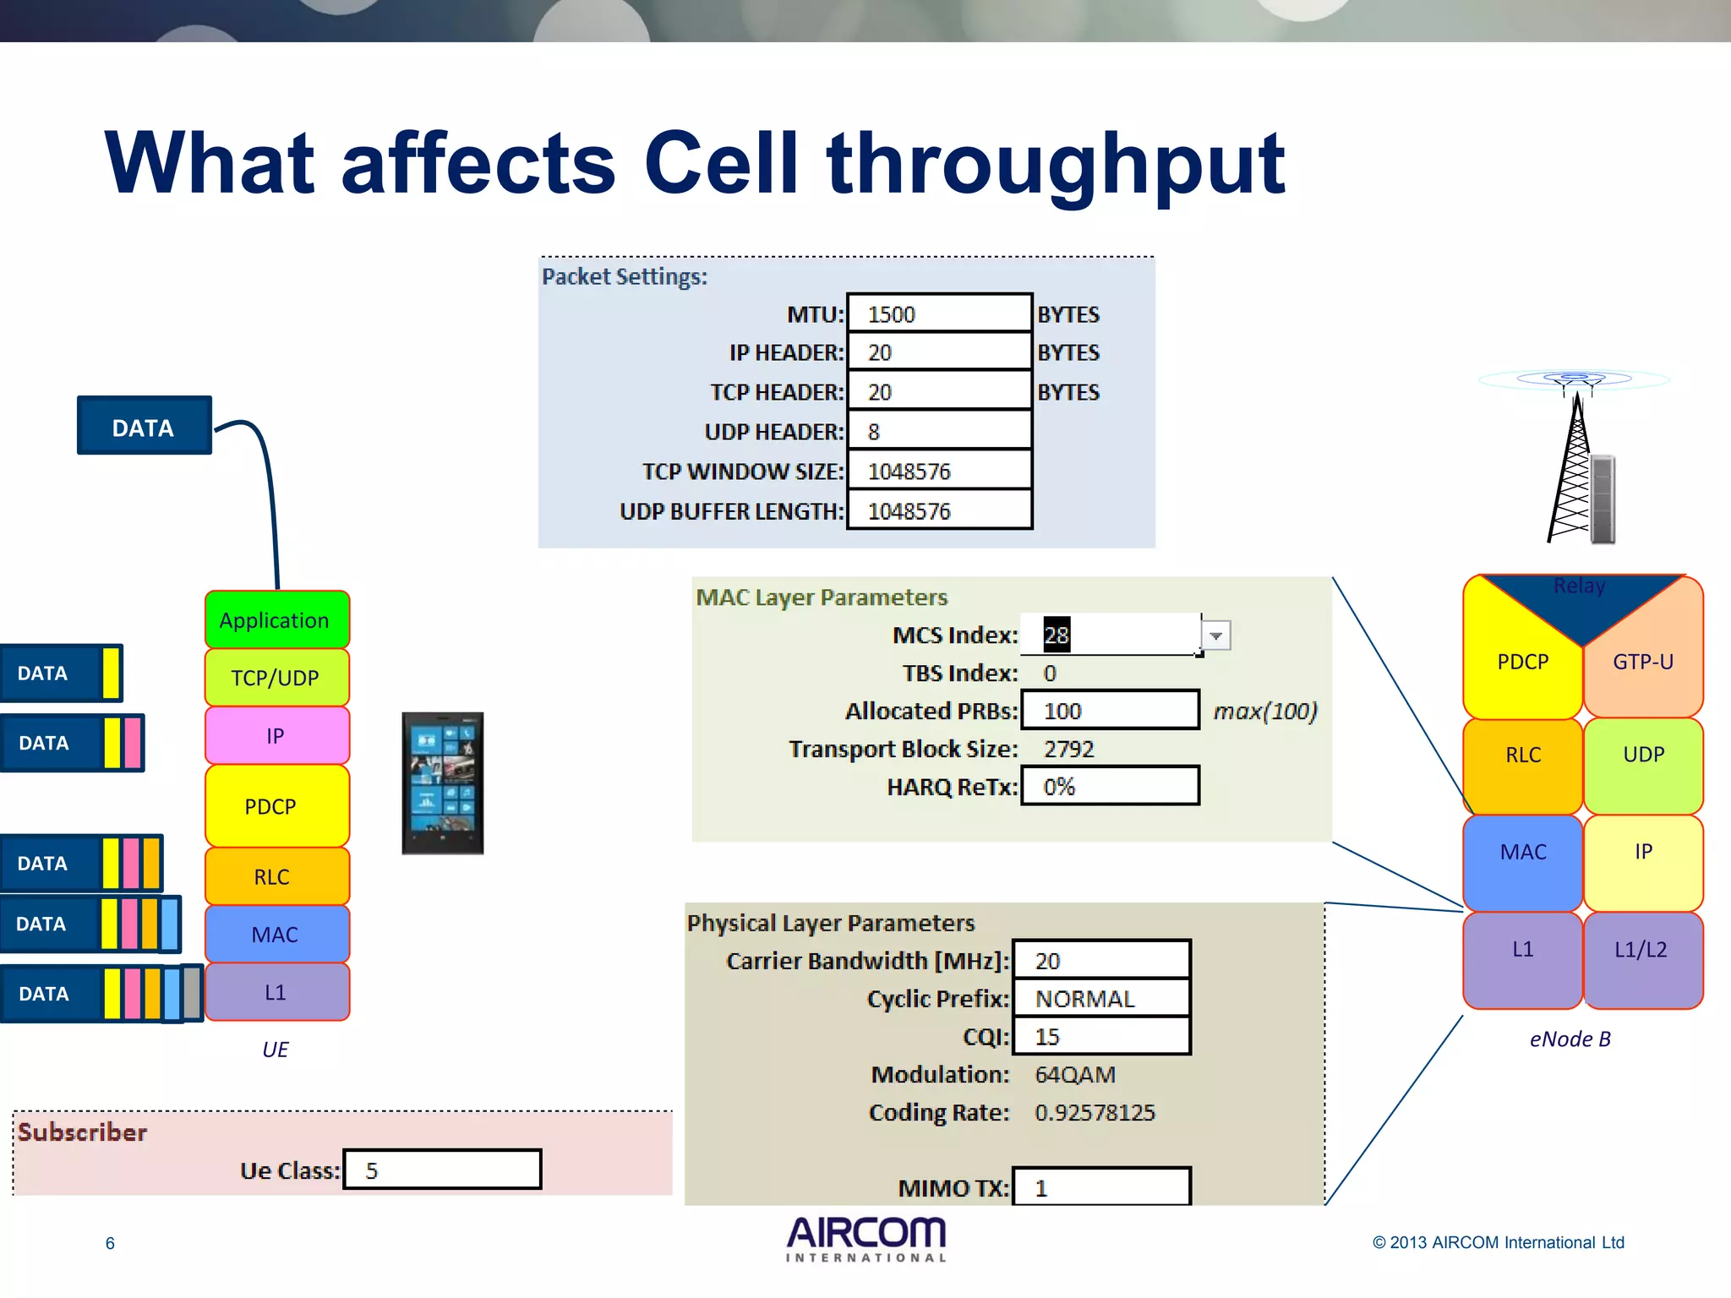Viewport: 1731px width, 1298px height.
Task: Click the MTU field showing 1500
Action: coord(939,314)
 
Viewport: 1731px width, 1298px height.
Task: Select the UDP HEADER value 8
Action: coord(939,431)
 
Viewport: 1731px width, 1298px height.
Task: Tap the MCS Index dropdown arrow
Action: coord(1215,635)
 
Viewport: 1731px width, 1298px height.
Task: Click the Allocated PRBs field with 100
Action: coord(1110,711)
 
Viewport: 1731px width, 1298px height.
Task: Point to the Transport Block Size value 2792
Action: coord(1068,749)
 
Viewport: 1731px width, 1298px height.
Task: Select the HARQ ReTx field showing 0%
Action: coord(1110,787)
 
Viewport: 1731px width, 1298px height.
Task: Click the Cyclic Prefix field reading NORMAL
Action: coord(1101,999)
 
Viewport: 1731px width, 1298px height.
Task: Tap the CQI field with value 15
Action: coord(1101,1037)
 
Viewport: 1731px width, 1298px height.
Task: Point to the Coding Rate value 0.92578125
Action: coord(1095,1112)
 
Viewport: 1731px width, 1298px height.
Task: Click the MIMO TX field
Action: coord(1101,1187)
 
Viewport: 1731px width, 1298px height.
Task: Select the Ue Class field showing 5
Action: coord(442,1170)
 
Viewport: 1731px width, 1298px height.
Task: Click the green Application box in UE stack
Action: coord(276,620)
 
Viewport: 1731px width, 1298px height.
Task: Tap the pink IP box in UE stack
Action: coord(276,735)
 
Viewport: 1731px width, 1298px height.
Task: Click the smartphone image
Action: coord(443,783)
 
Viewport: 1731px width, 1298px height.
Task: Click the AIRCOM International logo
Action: coord(866,1239)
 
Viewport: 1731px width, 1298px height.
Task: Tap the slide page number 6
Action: coord(110,1243)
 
